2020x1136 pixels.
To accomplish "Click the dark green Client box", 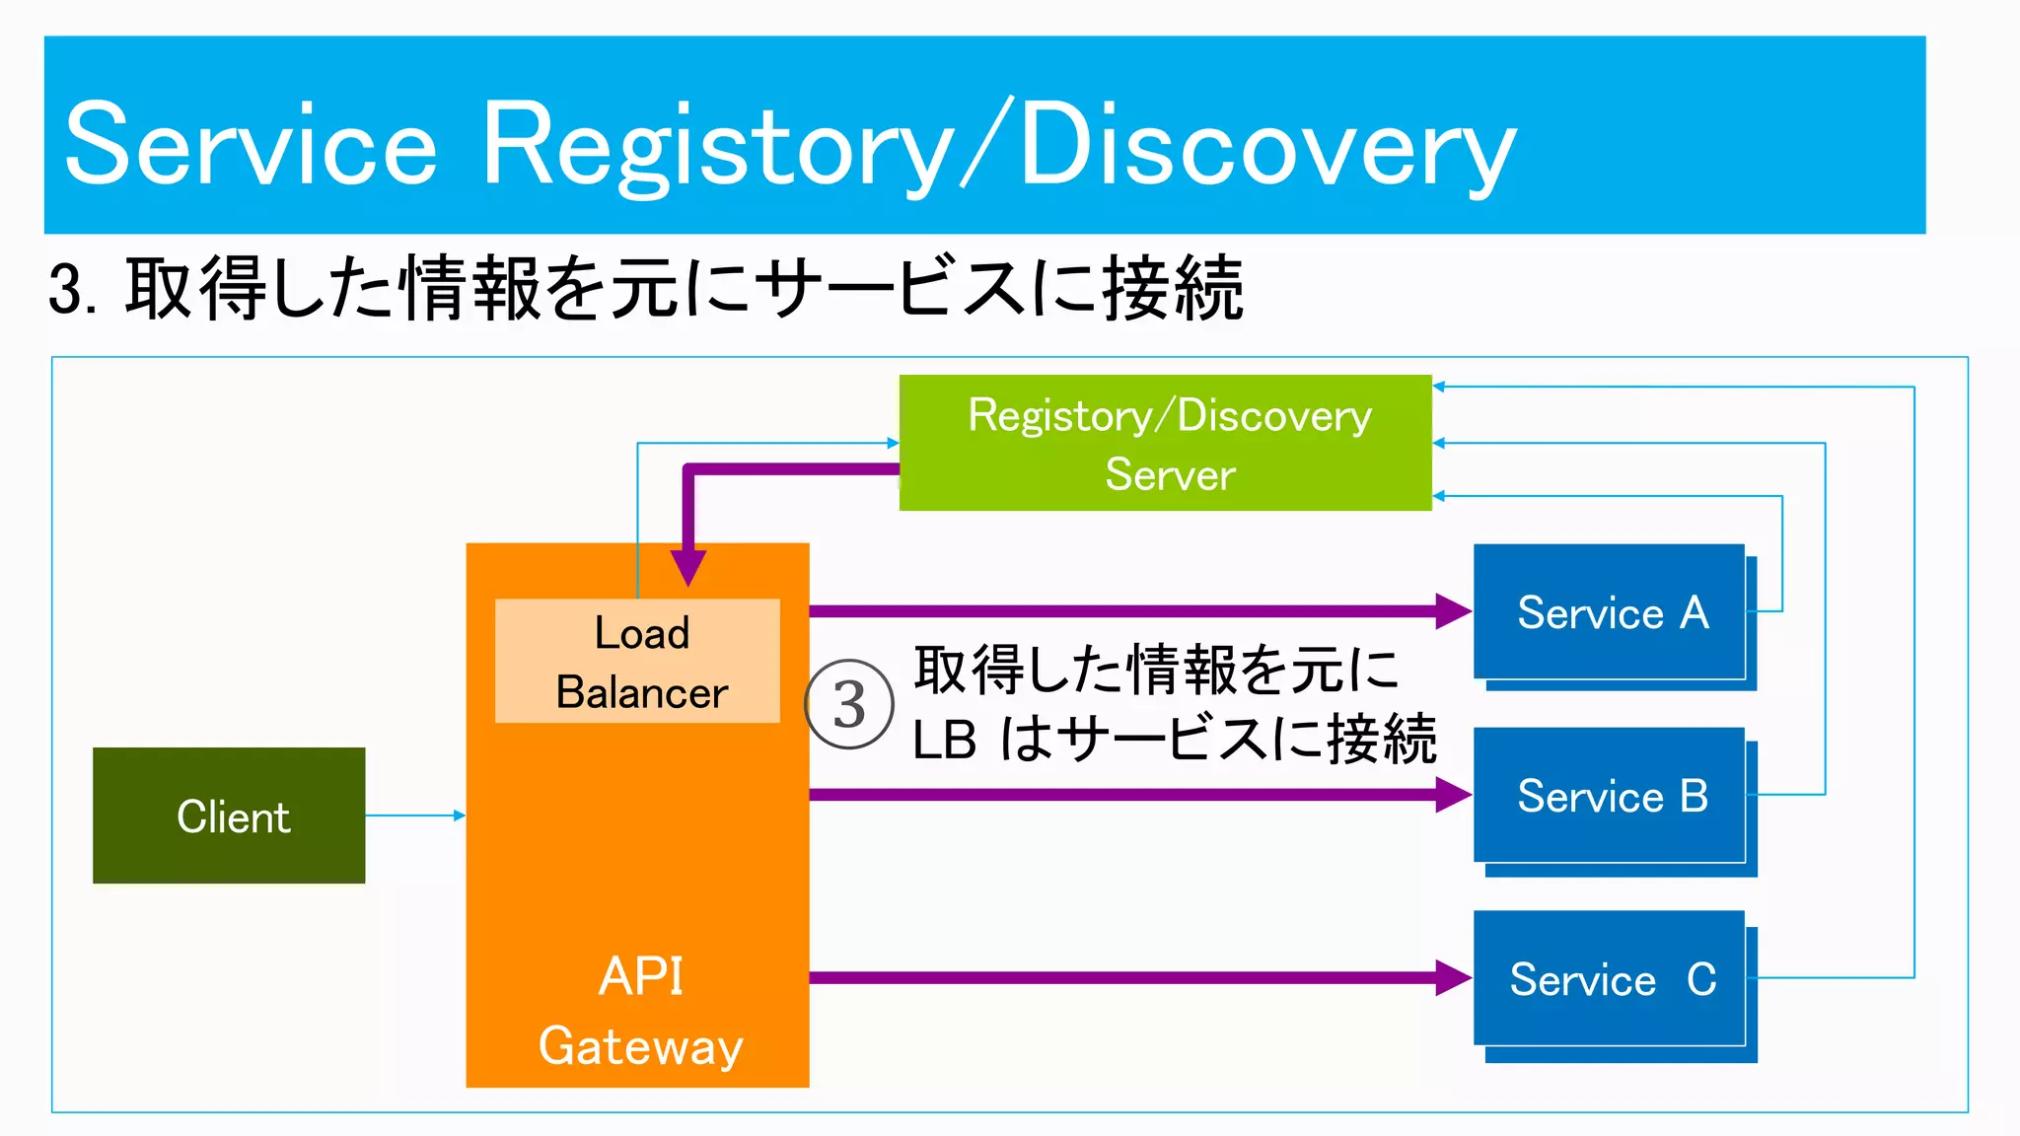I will click(x=229, y=816).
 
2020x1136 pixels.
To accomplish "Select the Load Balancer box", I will click(x=638, y=662).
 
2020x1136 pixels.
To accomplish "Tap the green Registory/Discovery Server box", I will click(x=1165, y=443).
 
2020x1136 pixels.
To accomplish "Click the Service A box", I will click(x=1610, y=612).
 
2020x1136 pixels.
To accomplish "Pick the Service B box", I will click(x=1610, y=796).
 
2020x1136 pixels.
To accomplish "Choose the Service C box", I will click(x=1610, y=979).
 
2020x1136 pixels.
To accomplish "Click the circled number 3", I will click(x=849, y=704).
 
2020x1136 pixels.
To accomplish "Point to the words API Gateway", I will click(x=640, y=1011).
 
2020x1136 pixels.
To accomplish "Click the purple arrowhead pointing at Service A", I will click(x=1452, y=611).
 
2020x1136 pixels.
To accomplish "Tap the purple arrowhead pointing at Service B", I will click(x=1452, y=795).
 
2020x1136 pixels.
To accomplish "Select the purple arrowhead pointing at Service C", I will click(x=1452, y=978).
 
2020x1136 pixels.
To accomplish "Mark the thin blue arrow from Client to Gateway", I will click(x=414, y=816).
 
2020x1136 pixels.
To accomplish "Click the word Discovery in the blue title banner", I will click(x=1267, y=146).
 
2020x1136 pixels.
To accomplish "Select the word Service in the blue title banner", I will click(x=251, y=146).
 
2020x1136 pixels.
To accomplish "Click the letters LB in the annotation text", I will click(x=944, y=741).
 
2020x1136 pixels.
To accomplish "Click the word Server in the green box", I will click(x=1170, y=475).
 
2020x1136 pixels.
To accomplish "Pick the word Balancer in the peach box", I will click(x=641, y=692).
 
